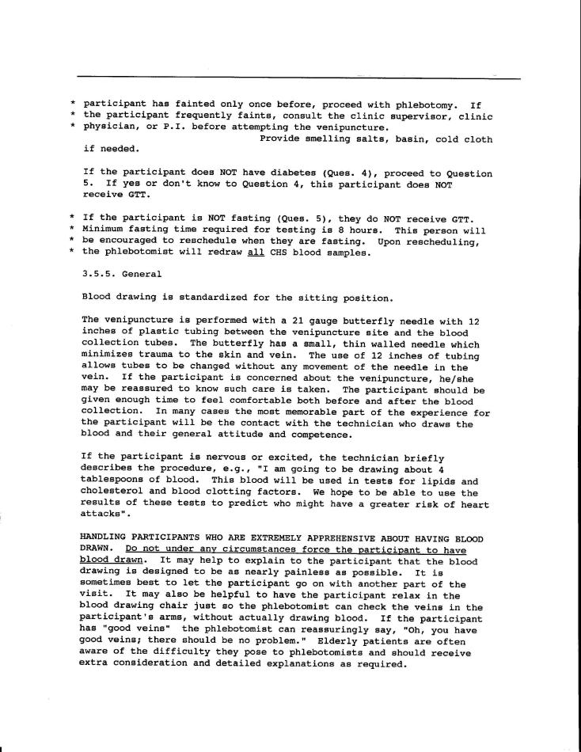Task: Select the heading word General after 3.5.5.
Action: [x=141, y=275]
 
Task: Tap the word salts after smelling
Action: [x=354, y=139]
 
